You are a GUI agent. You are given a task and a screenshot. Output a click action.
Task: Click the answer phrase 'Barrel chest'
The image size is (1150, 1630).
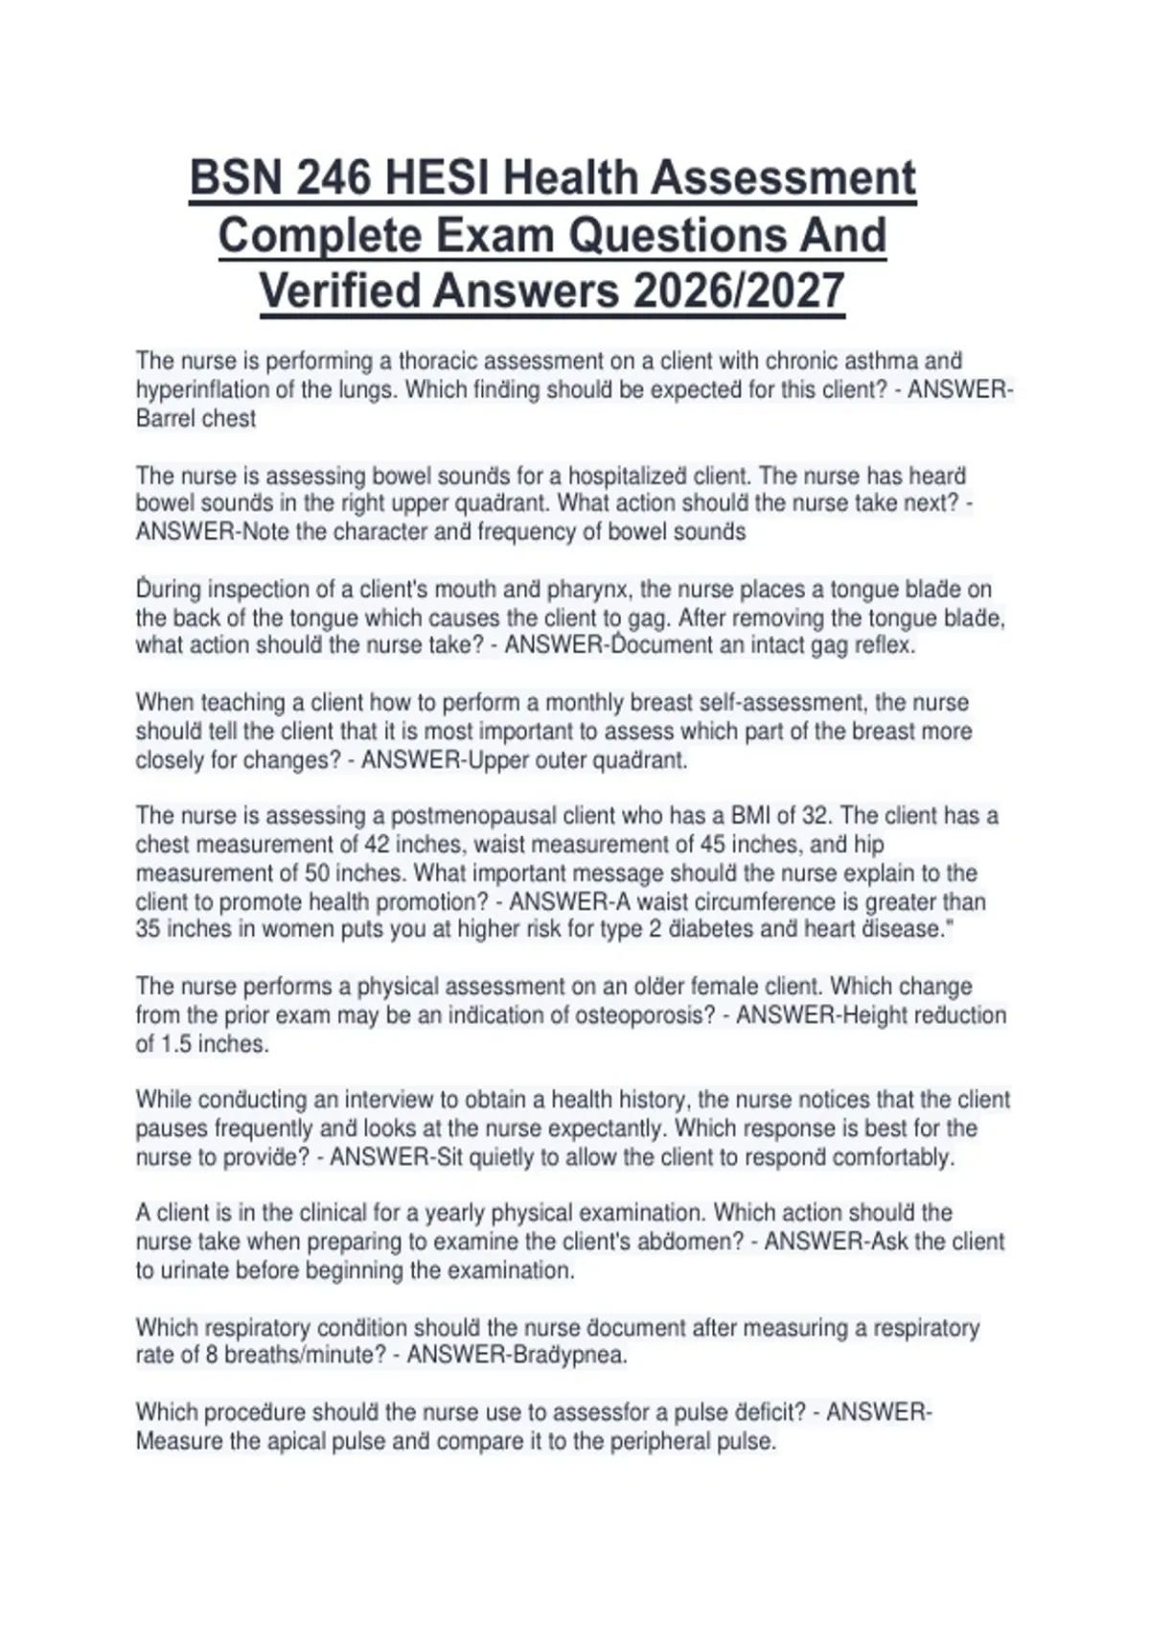click(x=195, y=419)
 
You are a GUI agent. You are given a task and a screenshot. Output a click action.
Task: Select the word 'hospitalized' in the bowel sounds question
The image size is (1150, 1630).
click(x=628, y=476)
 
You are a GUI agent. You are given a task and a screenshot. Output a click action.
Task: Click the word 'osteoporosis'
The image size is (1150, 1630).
click(x=644, y=1015)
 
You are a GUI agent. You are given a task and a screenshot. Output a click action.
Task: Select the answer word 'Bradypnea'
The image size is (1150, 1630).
click(x=568, y=1356)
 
